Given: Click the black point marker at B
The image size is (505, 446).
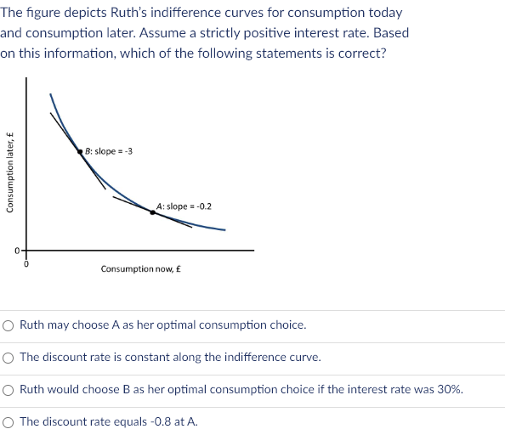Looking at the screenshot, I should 80,150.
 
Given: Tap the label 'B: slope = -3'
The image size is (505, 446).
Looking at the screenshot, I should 108,151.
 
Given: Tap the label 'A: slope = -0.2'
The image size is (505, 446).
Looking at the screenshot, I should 184,206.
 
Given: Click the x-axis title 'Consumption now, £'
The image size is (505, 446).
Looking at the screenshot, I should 141,268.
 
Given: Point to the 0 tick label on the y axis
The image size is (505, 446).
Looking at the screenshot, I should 15,251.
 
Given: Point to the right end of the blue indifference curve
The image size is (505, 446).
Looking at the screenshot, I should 225,229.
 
